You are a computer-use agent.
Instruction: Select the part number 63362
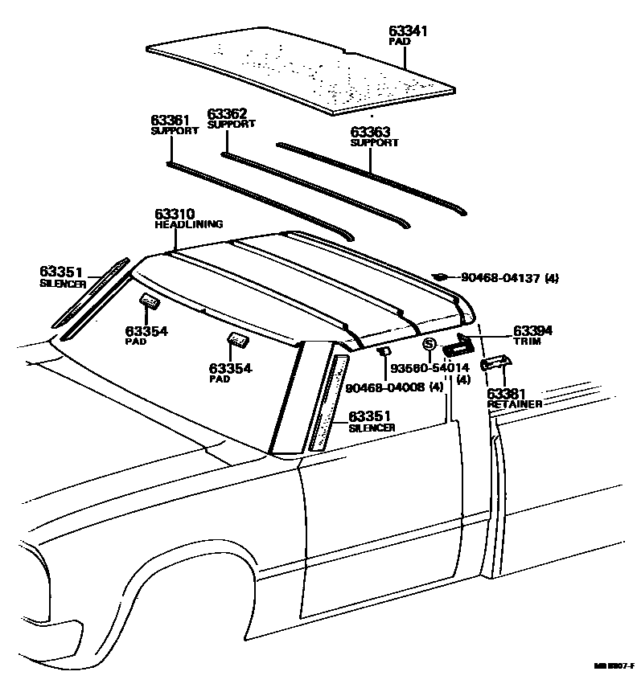(227, 114)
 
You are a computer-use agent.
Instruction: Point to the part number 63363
(370, 133)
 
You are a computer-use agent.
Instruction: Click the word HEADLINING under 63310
(188, 225)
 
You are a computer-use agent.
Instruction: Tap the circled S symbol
(429, 344)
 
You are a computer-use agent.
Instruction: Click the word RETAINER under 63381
(515, 403)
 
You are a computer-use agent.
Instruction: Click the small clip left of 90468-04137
(440, 277)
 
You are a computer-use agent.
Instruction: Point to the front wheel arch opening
(145, 611)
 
